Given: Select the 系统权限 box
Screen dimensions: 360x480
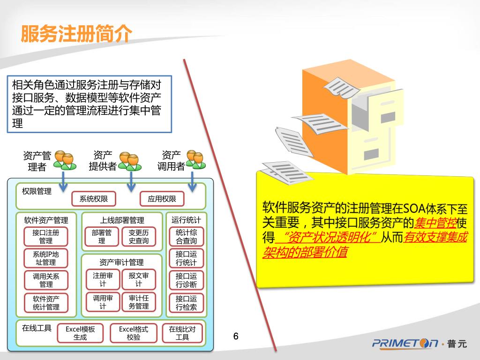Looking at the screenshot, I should click(x=94, y=199).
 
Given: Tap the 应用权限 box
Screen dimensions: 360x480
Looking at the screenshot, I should click(x=162, y=199).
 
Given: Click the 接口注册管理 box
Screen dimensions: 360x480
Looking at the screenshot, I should click(x=46, y=236).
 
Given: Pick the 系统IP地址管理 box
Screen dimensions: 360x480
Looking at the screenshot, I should click(x=46, y=258).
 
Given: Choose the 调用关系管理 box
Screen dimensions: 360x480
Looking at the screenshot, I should click(x=46, y=280).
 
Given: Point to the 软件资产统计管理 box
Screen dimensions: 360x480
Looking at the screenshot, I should click(x=46, y=303).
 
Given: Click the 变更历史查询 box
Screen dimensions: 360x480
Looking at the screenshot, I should click(x=139, y=236).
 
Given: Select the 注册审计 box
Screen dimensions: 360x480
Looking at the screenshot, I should click(x=103, y=279).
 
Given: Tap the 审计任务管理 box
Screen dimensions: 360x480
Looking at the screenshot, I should click(x=139, y=302).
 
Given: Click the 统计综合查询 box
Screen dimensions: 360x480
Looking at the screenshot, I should click(x=186, y=236).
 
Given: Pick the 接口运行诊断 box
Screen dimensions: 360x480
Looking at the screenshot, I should click(x=186, y=280).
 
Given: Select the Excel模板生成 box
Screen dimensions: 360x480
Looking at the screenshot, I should click(x=80, y=333).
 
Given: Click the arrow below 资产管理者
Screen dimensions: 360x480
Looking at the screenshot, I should click(x=64, y=180).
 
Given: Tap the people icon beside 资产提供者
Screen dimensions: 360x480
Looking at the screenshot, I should click(x=129, y=160).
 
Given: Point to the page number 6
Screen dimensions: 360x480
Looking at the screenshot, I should click(x=236, y=336).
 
